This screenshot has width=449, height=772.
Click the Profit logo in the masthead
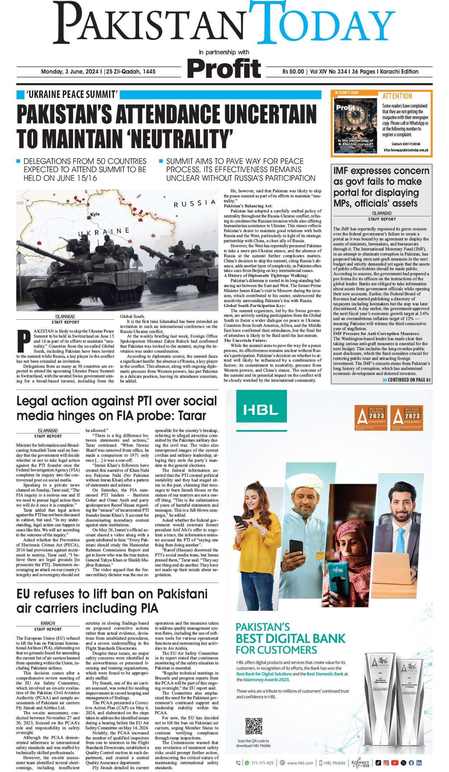tap(224, 68)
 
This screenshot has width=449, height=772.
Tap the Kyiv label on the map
tap(95, 214)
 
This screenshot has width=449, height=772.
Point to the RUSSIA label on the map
tap(194, 204)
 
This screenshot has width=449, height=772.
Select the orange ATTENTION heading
tap(397, 96)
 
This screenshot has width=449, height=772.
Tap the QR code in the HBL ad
tap(254, 726)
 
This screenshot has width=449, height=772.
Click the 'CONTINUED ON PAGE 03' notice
tap(407, 380)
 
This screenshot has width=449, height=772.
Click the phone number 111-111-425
tap(263, 763)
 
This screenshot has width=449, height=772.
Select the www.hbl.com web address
tap(300, 763)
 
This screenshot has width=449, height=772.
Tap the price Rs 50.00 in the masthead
tap(293, 71)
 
